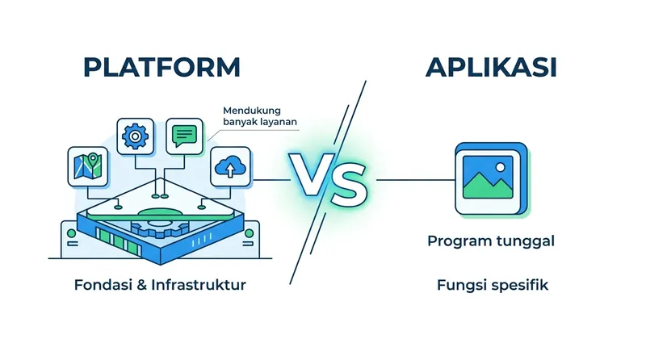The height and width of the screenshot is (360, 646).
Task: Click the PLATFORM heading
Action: [161, 67]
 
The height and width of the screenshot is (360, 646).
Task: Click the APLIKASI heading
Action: [491, 67]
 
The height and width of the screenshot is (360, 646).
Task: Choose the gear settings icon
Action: [135, 136]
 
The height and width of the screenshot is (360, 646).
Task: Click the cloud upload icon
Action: [230, 168]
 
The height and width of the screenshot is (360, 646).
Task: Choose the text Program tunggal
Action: [490, 241]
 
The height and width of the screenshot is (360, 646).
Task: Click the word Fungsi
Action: [458, 285]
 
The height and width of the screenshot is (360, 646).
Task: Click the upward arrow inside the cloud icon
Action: [230, 170]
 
